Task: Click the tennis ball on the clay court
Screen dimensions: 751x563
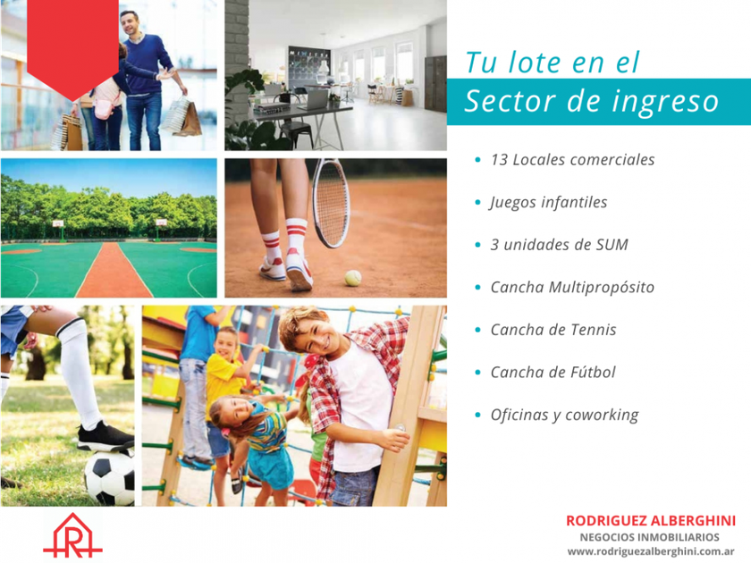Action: coord(353,278)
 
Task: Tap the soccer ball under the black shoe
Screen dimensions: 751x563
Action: coord(110,478)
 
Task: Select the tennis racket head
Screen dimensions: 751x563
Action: coord(331,204)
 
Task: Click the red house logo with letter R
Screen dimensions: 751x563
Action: coord(72,535)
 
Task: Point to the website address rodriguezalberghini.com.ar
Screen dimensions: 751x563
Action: coord(651,551)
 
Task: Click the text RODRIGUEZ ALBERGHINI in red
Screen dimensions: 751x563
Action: coord(651,521)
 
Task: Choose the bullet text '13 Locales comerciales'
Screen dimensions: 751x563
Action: coord(572,160)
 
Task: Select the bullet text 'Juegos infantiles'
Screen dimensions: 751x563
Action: coord(548,203)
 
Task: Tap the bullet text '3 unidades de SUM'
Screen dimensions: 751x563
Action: coord(559,245)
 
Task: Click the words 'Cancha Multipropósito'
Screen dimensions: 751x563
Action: coord(572,287)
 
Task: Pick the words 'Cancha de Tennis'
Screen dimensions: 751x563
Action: coord(553,330)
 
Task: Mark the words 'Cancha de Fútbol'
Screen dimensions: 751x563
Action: coord(553,372)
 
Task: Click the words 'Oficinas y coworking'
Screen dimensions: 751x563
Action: coord(564,415)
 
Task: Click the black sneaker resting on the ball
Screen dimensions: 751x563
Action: coord(105,436)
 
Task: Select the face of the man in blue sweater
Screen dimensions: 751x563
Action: coord(130,23)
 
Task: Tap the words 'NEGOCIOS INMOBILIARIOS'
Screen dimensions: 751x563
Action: coord(649,537)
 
